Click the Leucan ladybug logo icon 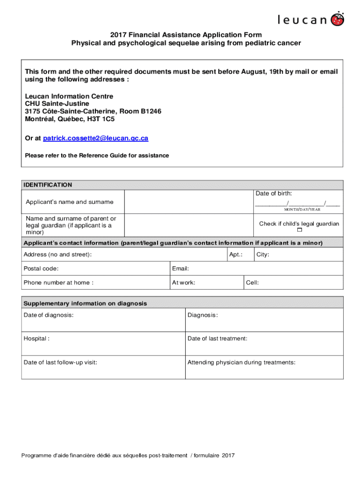338,19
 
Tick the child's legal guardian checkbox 300,231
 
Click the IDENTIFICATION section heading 48,185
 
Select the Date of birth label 274,194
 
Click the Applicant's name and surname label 69,202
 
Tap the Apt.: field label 236,255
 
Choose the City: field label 263,255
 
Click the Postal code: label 41,269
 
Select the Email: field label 180,269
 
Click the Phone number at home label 58,283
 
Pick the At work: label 184,283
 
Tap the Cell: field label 252,283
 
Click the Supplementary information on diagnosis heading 85,304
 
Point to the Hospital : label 36,339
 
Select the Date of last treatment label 217,339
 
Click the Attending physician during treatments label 241,363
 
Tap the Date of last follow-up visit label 60,363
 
